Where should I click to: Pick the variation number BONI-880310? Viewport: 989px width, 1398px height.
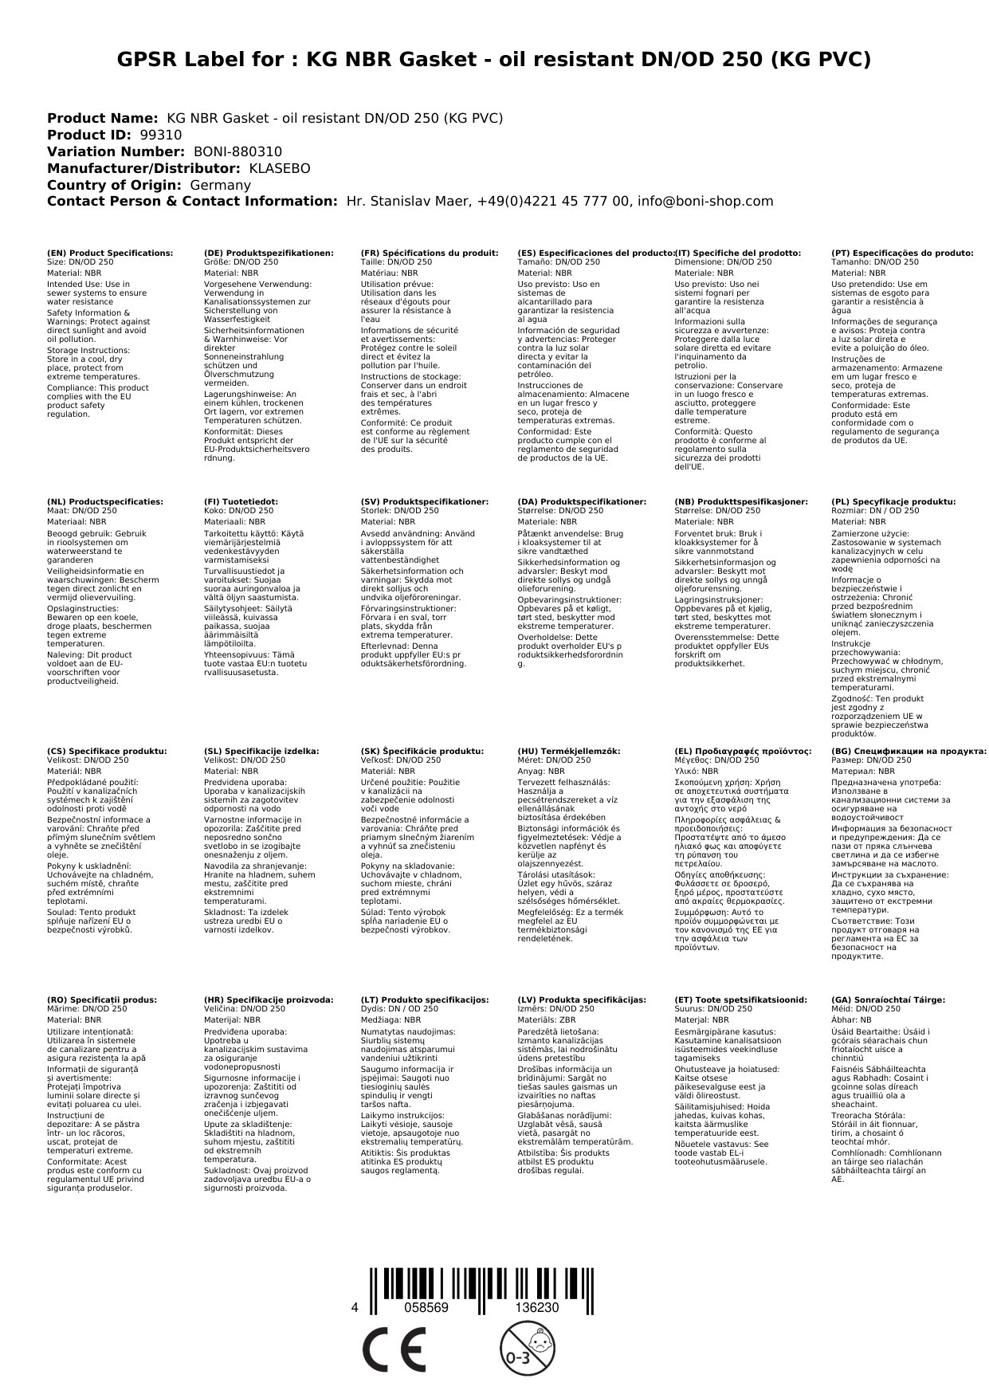tap(237, 152)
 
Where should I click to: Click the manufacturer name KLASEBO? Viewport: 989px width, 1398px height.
tap(280, 169)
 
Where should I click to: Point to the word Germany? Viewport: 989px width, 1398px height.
tap(221, 186)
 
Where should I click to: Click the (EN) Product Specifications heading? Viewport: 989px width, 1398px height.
tap(110, 253)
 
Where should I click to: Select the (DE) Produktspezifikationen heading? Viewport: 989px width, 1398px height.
tap(269, 253)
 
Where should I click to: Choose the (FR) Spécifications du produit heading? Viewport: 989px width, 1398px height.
tap(430, 253)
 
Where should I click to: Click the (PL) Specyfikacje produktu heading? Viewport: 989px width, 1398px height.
tap(893, 502)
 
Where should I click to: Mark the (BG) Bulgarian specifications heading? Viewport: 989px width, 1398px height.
tap(909, 751)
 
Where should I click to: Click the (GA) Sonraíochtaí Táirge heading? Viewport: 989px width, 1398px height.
tap(888, 999)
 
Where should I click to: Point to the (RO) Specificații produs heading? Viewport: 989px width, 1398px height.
tap(102, 999)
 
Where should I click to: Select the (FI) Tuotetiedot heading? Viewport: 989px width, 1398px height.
tap(241, 502)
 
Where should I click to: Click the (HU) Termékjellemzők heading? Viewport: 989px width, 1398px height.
tap(568, 751)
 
